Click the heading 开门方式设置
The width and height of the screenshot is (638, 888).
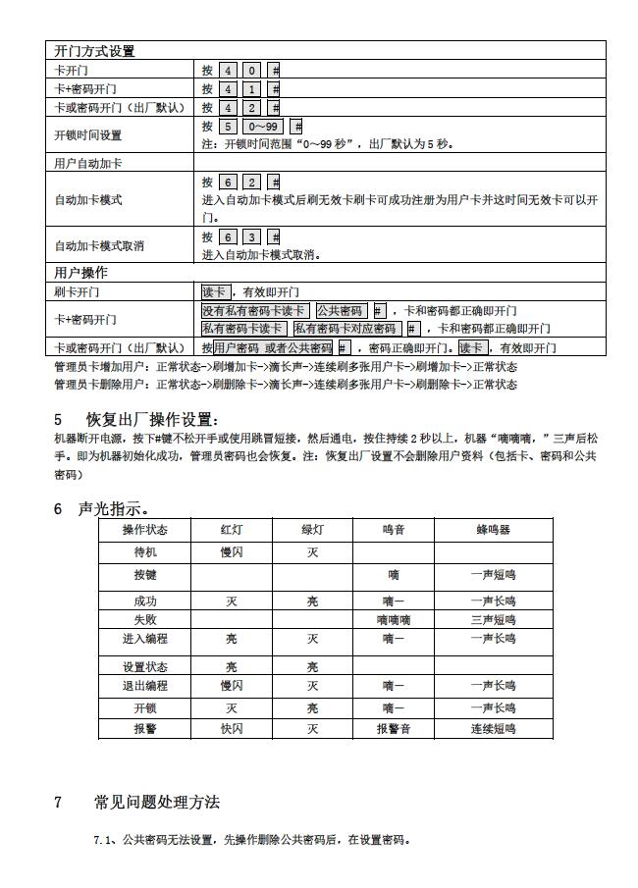click(x=94, y=51)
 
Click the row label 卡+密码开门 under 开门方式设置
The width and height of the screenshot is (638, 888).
click(x=84, y=89)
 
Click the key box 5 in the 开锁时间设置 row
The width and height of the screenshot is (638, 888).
click(x=227, y=127)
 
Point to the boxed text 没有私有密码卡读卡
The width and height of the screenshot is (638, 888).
click(x=254, y=311)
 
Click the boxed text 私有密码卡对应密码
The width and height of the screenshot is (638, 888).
click(x=346, y=329)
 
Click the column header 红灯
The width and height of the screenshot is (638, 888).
click(x=232, y=530)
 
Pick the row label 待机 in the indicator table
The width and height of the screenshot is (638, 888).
click(x=145, y=552)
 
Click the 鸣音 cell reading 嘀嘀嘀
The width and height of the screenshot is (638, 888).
click(x=394, y=620)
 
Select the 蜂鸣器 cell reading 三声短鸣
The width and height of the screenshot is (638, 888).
click(x=493, y=620)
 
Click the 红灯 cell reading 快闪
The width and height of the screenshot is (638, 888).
click(x=232, y=729)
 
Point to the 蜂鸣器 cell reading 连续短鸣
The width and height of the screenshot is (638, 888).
click(x=493, y=729)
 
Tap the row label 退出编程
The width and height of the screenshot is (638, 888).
click(x=145, y=686)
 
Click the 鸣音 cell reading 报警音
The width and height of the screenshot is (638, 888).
click(x=394, y=729)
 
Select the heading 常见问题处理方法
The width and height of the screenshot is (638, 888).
click(x=157, y=803)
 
